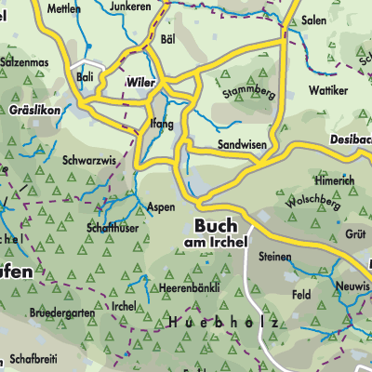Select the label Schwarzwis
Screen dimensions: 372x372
pos(88,160)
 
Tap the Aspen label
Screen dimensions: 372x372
pos(161,207)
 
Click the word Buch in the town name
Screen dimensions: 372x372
pos(216,225)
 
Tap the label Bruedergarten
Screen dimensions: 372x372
pos(61,313)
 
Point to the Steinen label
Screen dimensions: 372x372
pos(275,255)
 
